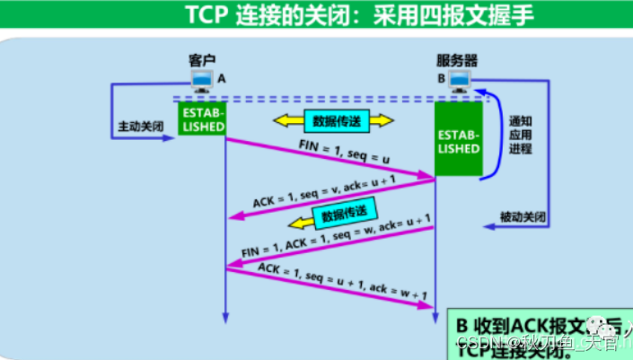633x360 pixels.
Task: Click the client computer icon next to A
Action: [x=200, y=81]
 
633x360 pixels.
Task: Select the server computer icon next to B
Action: [x=462, y=82]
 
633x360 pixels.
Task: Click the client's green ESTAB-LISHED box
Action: [x=202, y=120]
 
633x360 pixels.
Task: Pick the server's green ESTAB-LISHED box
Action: [x=458, y=140]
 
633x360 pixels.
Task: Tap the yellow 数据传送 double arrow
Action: [x=333, y=120]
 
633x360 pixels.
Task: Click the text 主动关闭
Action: [x=141, y=127]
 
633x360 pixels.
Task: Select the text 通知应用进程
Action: [x=520, y=135]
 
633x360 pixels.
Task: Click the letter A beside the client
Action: [x=222, y=78]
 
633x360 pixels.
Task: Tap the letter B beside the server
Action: [x=441, y=78]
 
